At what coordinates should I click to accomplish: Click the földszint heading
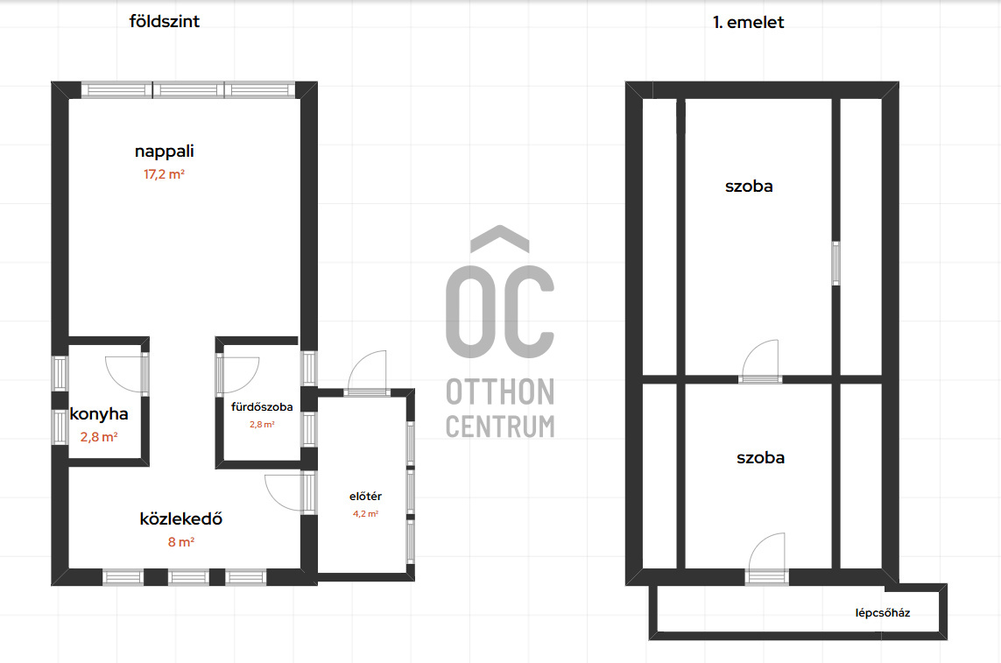point(164,22)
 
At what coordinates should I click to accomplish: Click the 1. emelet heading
point(748,23)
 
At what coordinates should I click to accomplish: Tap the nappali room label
point(164,152)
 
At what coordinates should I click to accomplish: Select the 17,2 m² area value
point(164,173)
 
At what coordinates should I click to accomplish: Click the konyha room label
point(99,414)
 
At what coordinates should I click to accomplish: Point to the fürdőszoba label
point(262,407)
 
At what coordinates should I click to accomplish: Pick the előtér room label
point(365,497)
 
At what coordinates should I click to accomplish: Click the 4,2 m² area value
point(365,513)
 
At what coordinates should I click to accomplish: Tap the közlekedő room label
point(181,518)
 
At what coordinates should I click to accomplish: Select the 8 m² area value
point(180,541)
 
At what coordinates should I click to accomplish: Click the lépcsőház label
point(882,613)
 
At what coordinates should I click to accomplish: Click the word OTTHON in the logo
point(500,392)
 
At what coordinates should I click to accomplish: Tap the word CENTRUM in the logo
point(500,427)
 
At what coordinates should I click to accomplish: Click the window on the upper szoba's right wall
point(835,263)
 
